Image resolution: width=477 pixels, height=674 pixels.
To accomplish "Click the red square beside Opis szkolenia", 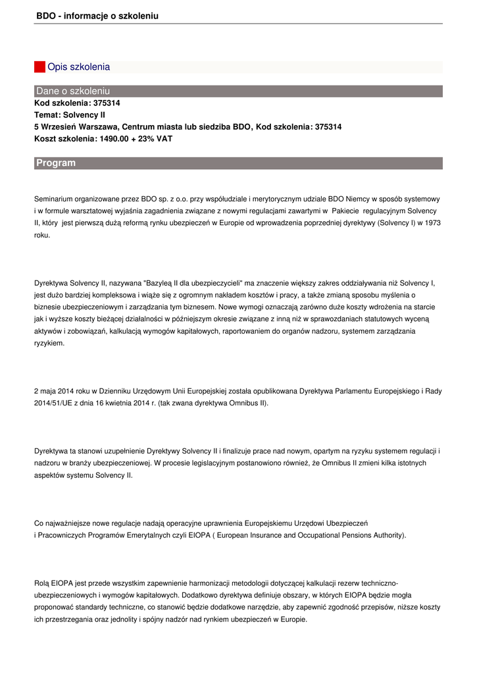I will pos(39,67).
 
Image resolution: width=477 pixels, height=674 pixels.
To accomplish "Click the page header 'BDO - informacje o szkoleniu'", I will pos(97,15).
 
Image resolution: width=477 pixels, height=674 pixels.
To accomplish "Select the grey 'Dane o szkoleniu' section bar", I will pos(238,91).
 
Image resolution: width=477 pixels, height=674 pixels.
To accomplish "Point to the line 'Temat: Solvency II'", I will pos(70,115).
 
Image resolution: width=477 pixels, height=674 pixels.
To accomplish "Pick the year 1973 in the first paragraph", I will pos(432,222).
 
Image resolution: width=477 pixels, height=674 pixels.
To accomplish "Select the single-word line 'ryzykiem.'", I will pos(49,343).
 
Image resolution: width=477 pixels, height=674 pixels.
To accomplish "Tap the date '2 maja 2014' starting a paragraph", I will pos(55,391).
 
